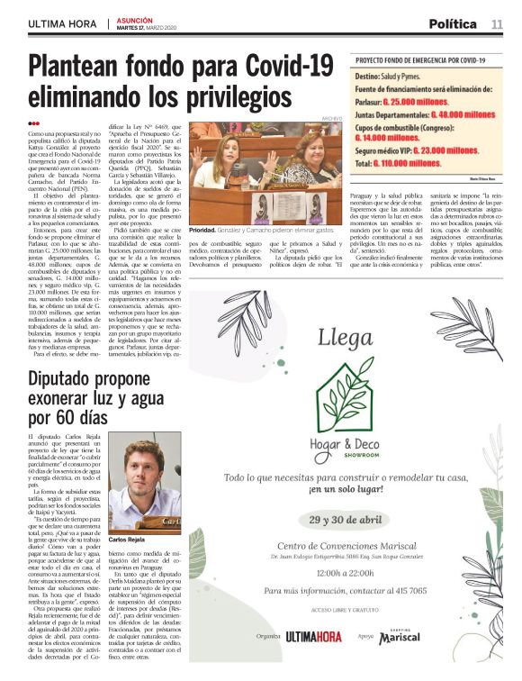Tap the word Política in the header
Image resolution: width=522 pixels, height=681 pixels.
[453, 23]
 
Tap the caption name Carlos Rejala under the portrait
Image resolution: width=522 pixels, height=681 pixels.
[129, 539]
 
